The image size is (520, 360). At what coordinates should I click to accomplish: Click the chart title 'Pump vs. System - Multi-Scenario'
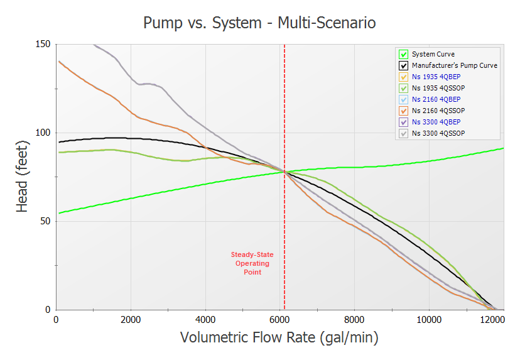259,24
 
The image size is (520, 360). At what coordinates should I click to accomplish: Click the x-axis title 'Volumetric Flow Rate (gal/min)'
279,337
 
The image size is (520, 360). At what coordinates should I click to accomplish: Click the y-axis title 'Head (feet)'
23,178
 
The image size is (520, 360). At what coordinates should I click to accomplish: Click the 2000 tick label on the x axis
131,319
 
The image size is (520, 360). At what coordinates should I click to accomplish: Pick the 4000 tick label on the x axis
205,319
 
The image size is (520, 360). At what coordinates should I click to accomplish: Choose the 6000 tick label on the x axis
280,319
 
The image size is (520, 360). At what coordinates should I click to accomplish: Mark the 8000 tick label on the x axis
355,319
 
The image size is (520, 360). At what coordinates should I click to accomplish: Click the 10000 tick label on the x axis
430,319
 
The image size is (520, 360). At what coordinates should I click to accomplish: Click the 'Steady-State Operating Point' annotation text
252,263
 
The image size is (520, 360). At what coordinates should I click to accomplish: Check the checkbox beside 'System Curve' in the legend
404,55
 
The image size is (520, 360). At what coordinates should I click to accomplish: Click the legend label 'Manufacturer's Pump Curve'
454,65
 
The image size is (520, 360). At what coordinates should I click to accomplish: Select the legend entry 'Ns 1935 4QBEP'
436,77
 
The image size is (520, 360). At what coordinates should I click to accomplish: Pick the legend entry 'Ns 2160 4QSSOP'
438,111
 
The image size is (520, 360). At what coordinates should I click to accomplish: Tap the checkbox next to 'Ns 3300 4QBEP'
404,122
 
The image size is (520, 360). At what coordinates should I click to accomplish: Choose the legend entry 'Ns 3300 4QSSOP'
438,133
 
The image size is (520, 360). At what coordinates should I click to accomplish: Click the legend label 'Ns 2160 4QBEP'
436,99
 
